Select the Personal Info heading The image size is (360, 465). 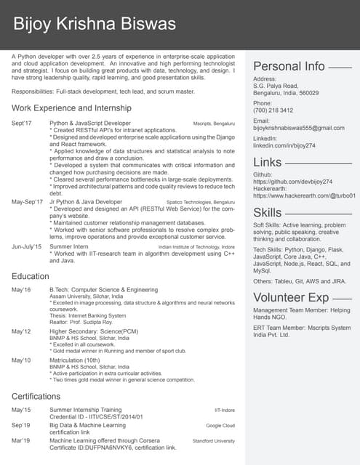[x=289, y=66]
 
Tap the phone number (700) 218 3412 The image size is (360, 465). [x=273, y=110]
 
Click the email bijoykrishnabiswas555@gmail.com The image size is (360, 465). [x=299, y=128]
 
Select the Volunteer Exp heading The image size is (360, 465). [x=291, y=297]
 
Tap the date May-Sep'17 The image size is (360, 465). [x=28, y=201]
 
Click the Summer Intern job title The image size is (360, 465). [x=69, y=246]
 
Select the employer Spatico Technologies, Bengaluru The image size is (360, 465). [x=201, y=201]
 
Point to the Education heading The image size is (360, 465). [x=31, y=276]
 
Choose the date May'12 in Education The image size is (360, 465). [x=21, y=331]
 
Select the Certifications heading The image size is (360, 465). [x=36, y=396]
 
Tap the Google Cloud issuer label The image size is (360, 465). [x=220, y=425]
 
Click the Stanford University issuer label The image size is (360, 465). [x=213, y=440]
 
